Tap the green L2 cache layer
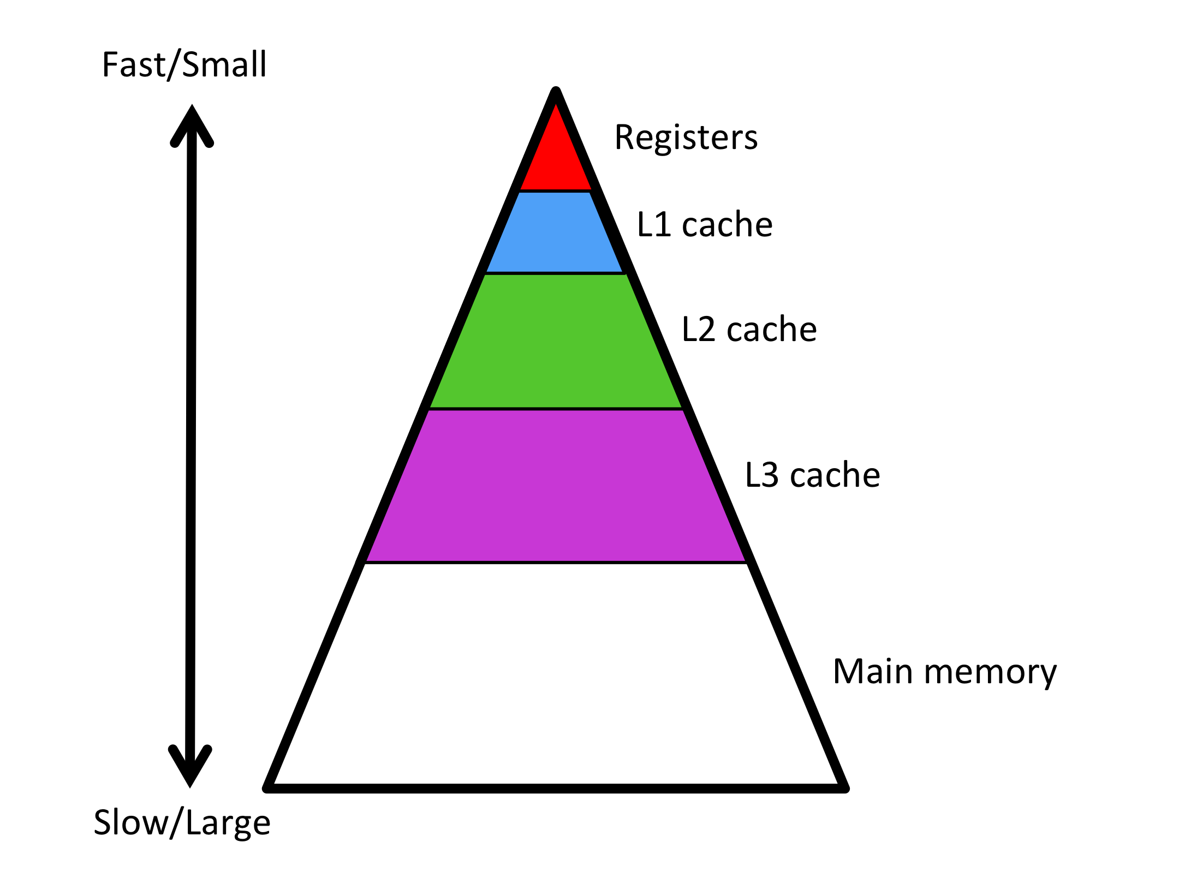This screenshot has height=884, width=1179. tap(555, 341)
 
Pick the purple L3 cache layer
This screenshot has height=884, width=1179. tap(555, 486)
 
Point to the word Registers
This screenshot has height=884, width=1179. tap(686, 137)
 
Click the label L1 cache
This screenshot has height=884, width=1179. tap(705, 224)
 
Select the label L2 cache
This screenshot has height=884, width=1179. tap(749, 329)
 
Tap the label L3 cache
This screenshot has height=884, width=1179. tap(812, 475)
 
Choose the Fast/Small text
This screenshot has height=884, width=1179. tap(184, 64)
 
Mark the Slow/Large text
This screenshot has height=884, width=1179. tap(182, 823)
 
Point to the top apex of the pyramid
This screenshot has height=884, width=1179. tap(556, 92)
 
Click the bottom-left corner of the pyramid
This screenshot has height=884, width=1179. tap(267, 787)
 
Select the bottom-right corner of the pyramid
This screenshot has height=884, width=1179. tap(844, 787)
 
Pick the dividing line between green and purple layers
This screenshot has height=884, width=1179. tap(555, 408)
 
